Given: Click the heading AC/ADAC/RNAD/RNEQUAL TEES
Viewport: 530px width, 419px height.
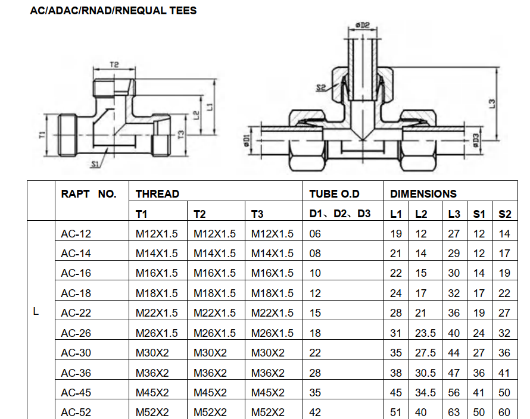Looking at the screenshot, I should tap(113, 11).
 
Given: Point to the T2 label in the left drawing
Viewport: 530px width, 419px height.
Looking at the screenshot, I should tap(114, 64).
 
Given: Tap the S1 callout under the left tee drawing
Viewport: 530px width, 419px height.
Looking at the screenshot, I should tap(95, 164).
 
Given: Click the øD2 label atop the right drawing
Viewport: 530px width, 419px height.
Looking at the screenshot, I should tap(363, 25).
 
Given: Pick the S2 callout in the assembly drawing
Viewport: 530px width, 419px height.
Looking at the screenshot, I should tap(321, 88).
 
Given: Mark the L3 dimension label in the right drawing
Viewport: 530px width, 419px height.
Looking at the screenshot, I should tap(492, 104).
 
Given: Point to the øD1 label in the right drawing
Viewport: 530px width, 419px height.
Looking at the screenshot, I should tap(246, 140).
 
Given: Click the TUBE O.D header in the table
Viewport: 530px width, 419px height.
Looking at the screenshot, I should tap(335, 194).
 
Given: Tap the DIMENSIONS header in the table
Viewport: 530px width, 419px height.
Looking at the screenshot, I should tap(423, 194).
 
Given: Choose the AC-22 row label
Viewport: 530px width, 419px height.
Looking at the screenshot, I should tap(76, 313).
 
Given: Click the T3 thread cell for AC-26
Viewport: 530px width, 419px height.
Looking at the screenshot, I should tap(272, 333).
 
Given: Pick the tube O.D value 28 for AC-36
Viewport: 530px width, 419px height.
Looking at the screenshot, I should tap(315, 373).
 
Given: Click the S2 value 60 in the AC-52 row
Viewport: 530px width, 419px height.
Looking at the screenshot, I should tap(504, 412).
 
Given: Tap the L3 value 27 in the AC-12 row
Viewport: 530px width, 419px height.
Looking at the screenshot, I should tap(454, 234).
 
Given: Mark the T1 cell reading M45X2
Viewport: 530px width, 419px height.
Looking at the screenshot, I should tap(152, 392).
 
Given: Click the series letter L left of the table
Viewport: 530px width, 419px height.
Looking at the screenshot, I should tap(36, 312).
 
